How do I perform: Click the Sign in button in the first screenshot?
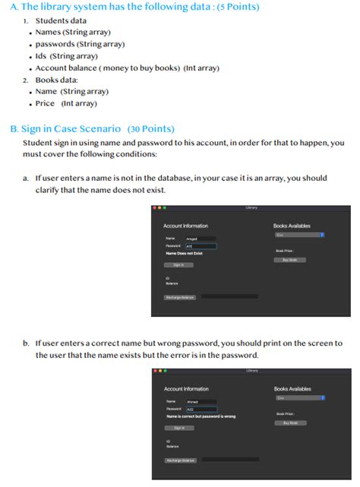[178, 265]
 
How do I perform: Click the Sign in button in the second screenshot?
[179, 428]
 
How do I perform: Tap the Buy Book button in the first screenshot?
[289, 260]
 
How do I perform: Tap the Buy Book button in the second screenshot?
[290, 422]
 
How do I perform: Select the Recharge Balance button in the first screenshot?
[180, 297]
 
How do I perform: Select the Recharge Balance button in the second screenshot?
[181, 460]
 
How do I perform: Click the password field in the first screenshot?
[201, 246]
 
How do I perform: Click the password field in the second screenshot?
[201, 409]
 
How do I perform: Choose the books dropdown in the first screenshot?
[299, 235]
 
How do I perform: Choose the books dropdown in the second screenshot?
[300, 397]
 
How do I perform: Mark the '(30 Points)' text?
[151, 128]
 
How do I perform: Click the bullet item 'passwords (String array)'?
[78, 44]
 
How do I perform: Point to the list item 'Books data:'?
[61, 80]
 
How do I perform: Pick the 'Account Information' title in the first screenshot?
[185, 226]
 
